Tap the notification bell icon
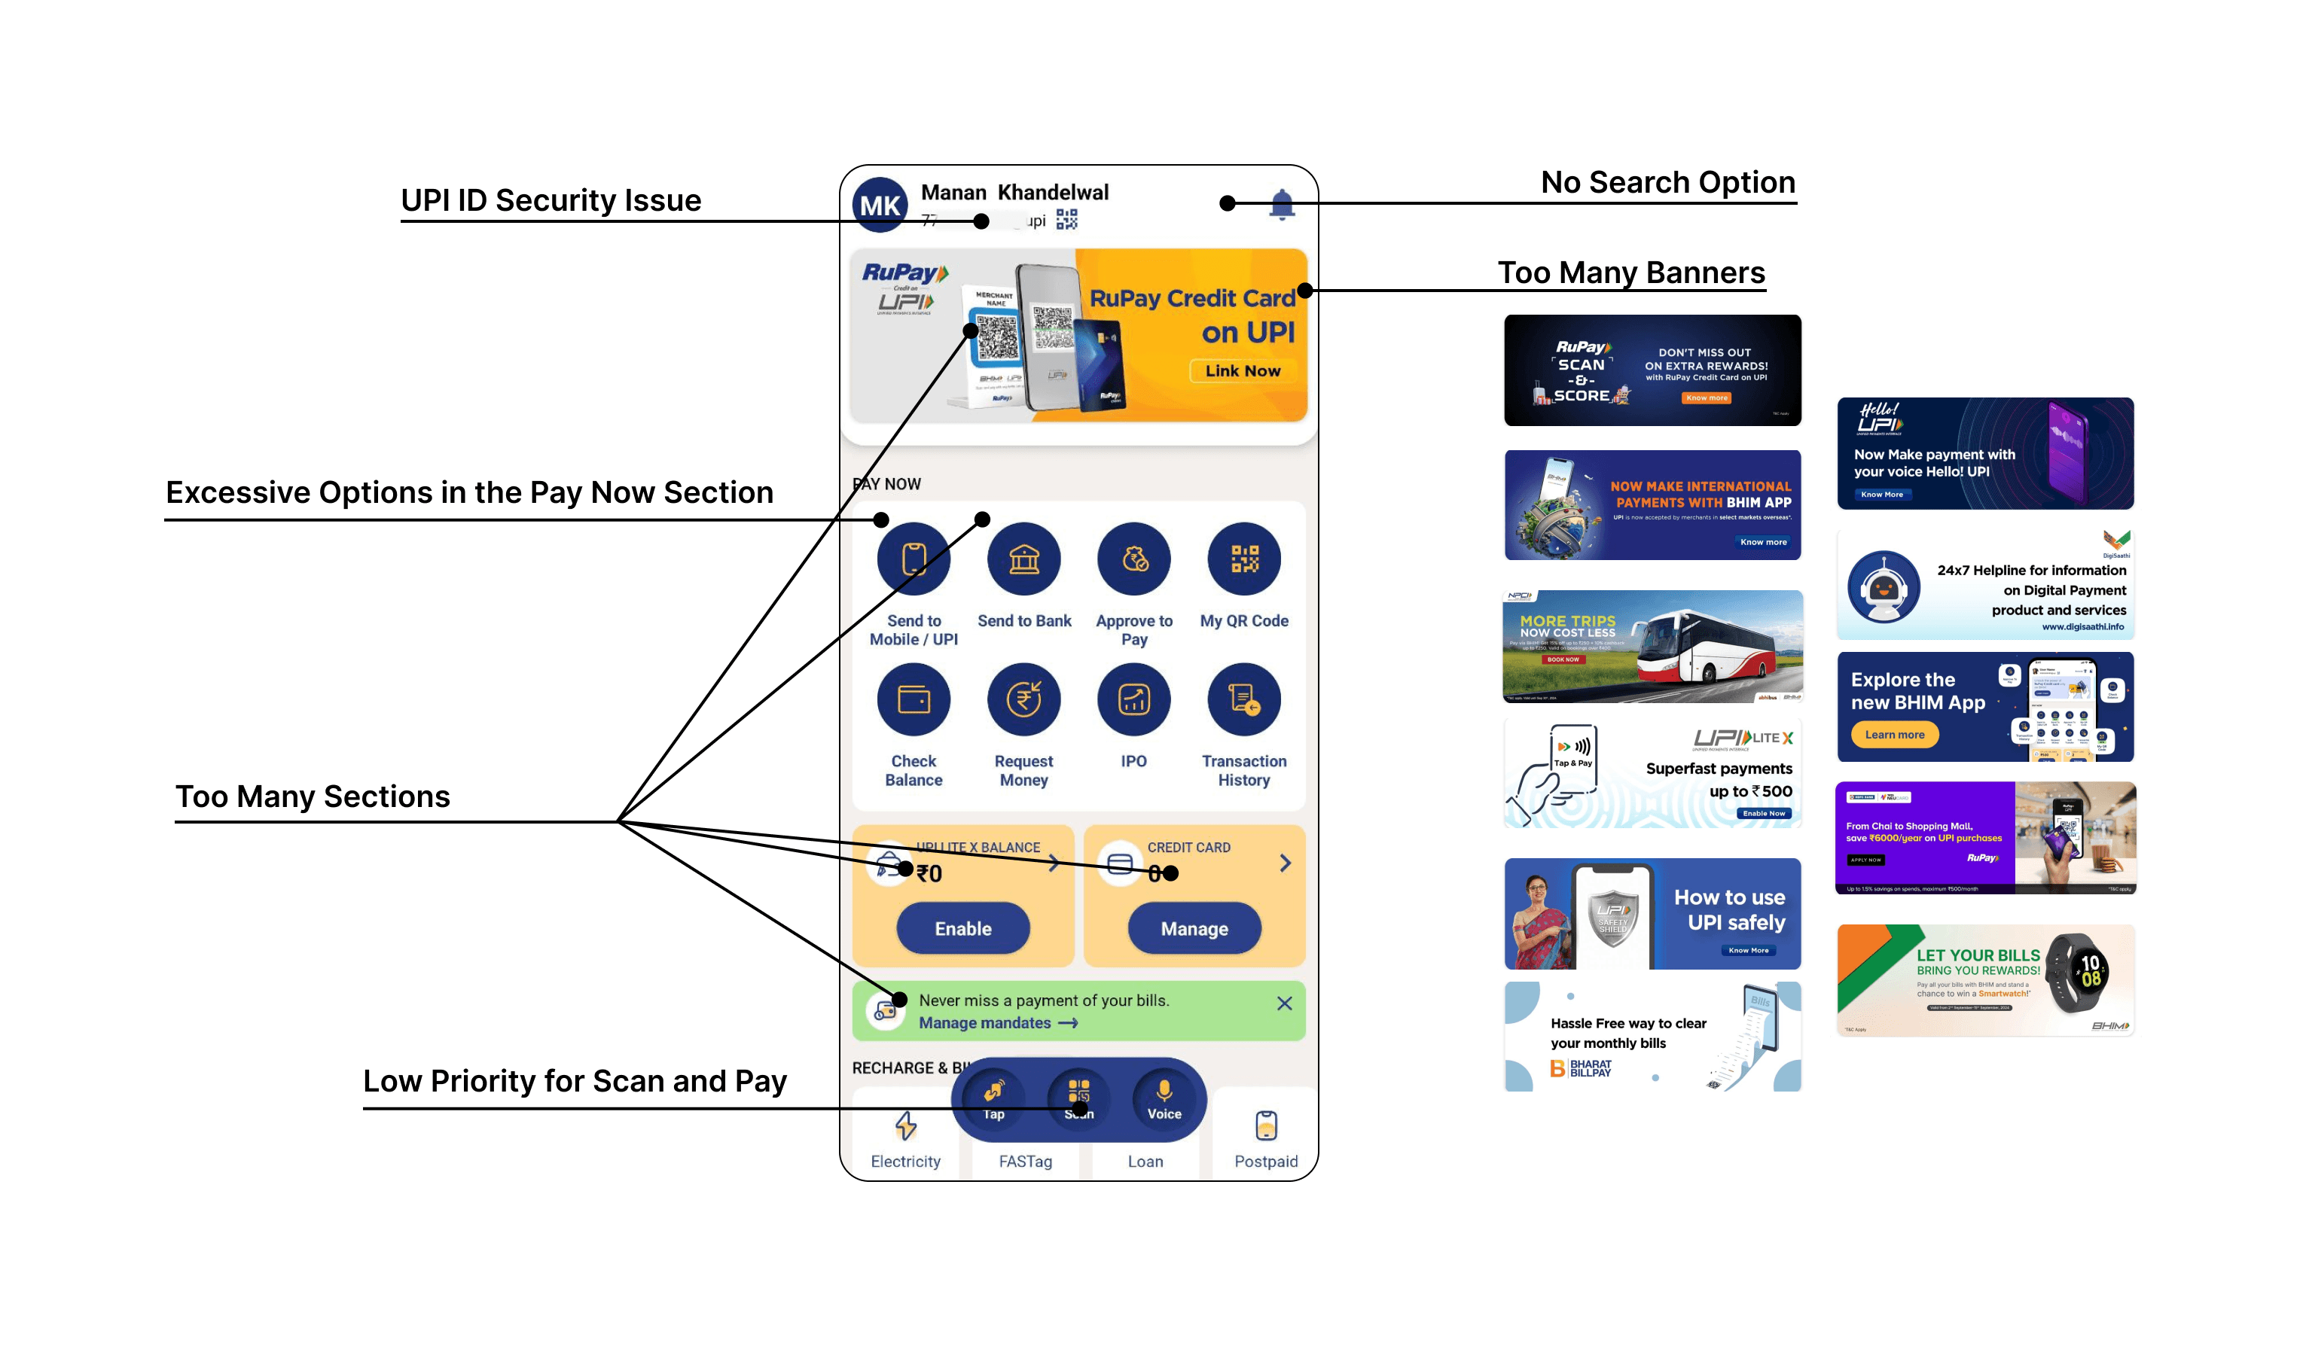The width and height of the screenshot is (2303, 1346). click(x=1283, y=204)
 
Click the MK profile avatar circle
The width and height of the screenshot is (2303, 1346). click(x=879, y=206)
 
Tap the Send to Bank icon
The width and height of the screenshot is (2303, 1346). click(x=1023, y=559)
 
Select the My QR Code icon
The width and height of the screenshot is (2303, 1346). click(x=1244, y=559)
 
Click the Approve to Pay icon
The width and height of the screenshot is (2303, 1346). click(x=1134, y=559)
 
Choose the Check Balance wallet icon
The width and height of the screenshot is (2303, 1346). click(x=913, y=700)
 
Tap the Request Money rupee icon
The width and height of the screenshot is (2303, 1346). click(x=1023, y=700)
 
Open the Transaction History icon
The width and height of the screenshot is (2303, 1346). click(x=1244, y=700)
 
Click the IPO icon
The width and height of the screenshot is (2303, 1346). click(x=1134, y=700)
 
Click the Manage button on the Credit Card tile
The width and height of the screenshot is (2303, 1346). click(x=1194, y=928)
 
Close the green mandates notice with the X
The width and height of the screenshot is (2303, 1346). click(x=1284, y=1003)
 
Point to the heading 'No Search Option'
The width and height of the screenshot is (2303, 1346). click(x=1668, y=182)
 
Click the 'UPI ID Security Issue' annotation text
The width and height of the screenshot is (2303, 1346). click(x=551, y=200)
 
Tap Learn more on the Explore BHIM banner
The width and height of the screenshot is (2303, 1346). click(x=1895, y=735)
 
